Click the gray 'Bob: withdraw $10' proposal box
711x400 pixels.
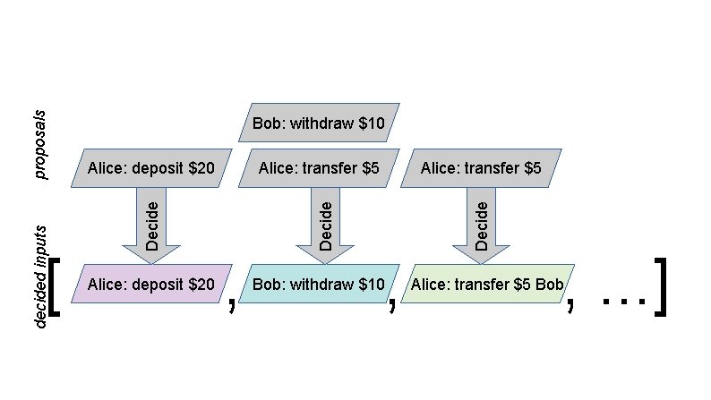[319, 123]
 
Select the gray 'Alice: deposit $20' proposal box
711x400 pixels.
[151, 167]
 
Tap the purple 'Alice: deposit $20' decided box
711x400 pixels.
[151, 284]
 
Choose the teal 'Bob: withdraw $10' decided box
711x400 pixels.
[319, 284]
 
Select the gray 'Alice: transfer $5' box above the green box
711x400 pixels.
[481, 167]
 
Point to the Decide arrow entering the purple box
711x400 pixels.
[151, 225]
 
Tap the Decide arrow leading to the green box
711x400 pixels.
[481, 225]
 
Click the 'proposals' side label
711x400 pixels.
[40, 145]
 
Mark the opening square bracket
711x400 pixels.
[55, 287]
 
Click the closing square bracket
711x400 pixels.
[661, 287]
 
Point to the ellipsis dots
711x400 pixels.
[624, 302]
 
